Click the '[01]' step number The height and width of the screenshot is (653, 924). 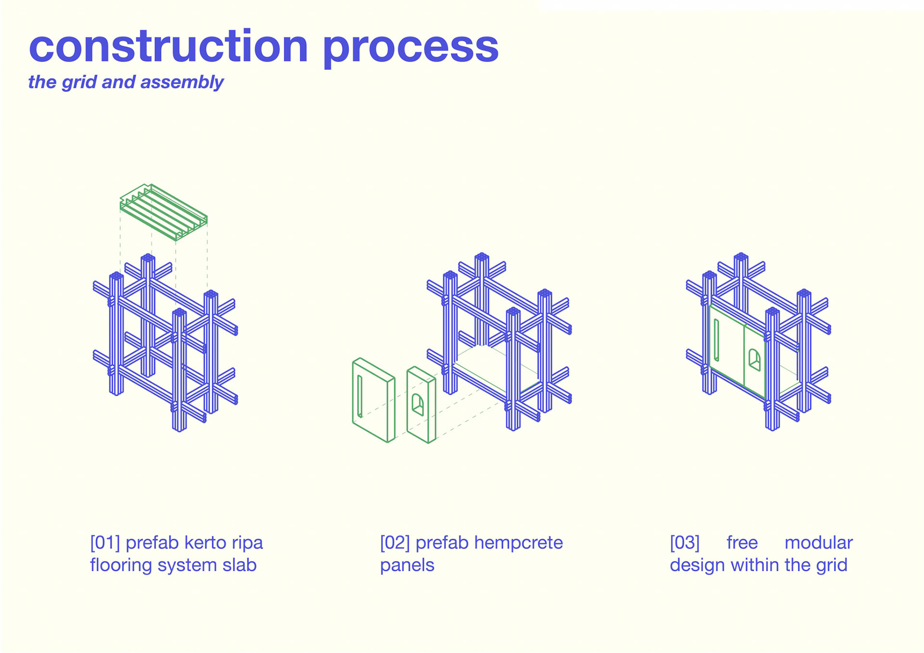tap(105, 543)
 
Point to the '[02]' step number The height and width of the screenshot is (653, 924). tap(395, 543)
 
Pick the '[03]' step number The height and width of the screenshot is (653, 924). tap(684, 543)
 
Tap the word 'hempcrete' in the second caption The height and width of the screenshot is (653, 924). tap(518, 543)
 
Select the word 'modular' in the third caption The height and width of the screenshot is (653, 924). tap(819, 543)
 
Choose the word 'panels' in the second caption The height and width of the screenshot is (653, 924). tap(407, 565)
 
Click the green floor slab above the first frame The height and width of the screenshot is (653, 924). tap(164, 212)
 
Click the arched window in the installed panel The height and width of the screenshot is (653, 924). tap(754, 360)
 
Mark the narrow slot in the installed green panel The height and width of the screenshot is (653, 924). tap(716, 340)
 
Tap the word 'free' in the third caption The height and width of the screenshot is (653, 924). tap(742, 543)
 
